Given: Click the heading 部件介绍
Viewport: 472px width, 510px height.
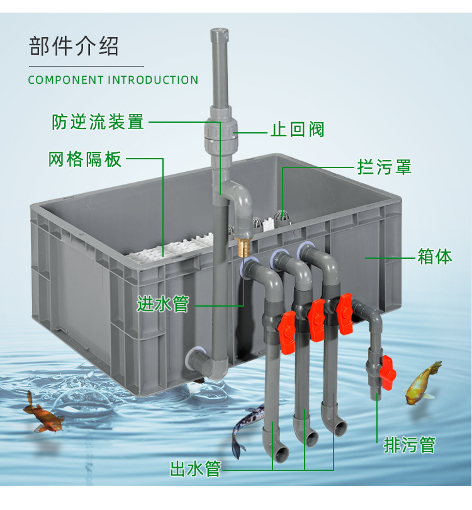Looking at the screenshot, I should (74, 47).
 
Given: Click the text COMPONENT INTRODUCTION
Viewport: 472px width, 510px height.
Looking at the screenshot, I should (113, 80).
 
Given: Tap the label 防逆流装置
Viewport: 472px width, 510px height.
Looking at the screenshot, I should (98, 122).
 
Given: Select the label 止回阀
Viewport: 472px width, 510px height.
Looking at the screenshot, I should (298, 130).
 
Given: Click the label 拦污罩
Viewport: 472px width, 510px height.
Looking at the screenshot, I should (384, 167).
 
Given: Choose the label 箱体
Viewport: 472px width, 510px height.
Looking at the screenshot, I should (435, 257).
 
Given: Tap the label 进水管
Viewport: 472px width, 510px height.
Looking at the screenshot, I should (163, 305).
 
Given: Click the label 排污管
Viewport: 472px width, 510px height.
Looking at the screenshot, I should (410, 445).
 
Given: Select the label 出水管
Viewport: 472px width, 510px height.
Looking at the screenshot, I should (195, 469).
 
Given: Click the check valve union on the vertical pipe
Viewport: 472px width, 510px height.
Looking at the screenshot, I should (220, 133).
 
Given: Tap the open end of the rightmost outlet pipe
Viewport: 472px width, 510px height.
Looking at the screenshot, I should (340, 428).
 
